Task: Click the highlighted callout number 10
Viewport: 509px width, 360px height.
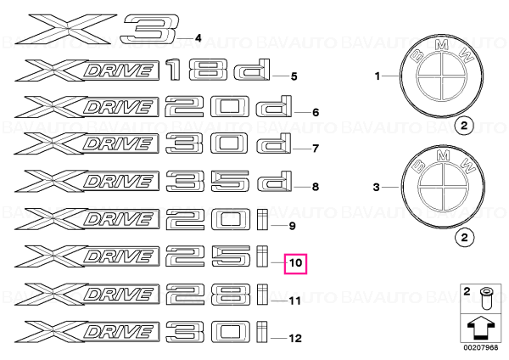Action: click(x=295, y=263)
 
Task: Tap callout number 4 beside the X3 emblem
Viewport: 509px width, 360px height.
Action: click(x=198, y=38)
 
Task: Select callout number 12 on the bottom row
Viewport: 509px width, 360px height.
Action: click(x=295, y=338)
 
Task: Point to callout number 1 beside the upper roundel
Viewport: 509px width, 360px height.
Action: click(x=378, y=76)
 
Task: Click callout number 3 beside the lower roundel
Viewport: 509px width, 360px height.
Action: click(x=376, y=187)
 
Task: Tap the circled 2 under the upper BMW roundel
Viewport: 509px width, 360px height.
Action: click(x=464, y=126)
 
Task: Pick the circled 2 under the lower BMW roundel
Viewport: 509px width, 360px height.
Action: click(x=464, y=237)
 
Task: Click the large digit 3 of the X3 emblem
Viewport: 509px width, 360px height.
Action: click(x=150, y=29)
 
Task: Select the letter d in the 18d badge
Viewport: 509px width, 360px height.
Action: click(x=252, y=70)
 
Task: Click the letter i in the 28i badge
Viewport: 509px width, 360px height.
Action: click(x=263, y=295)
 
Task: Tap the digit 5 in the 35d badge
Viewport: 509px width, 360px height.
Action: click(x=231, y=182)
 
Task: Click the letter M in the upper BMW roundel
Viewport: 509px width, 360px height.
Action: click(x=441, y=45)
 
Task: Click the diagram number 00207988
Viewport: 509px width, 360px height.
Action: click(x=480, y=347)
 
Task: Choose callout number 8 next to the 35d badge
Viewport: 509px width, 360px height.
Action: click(x=316, y=187)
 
